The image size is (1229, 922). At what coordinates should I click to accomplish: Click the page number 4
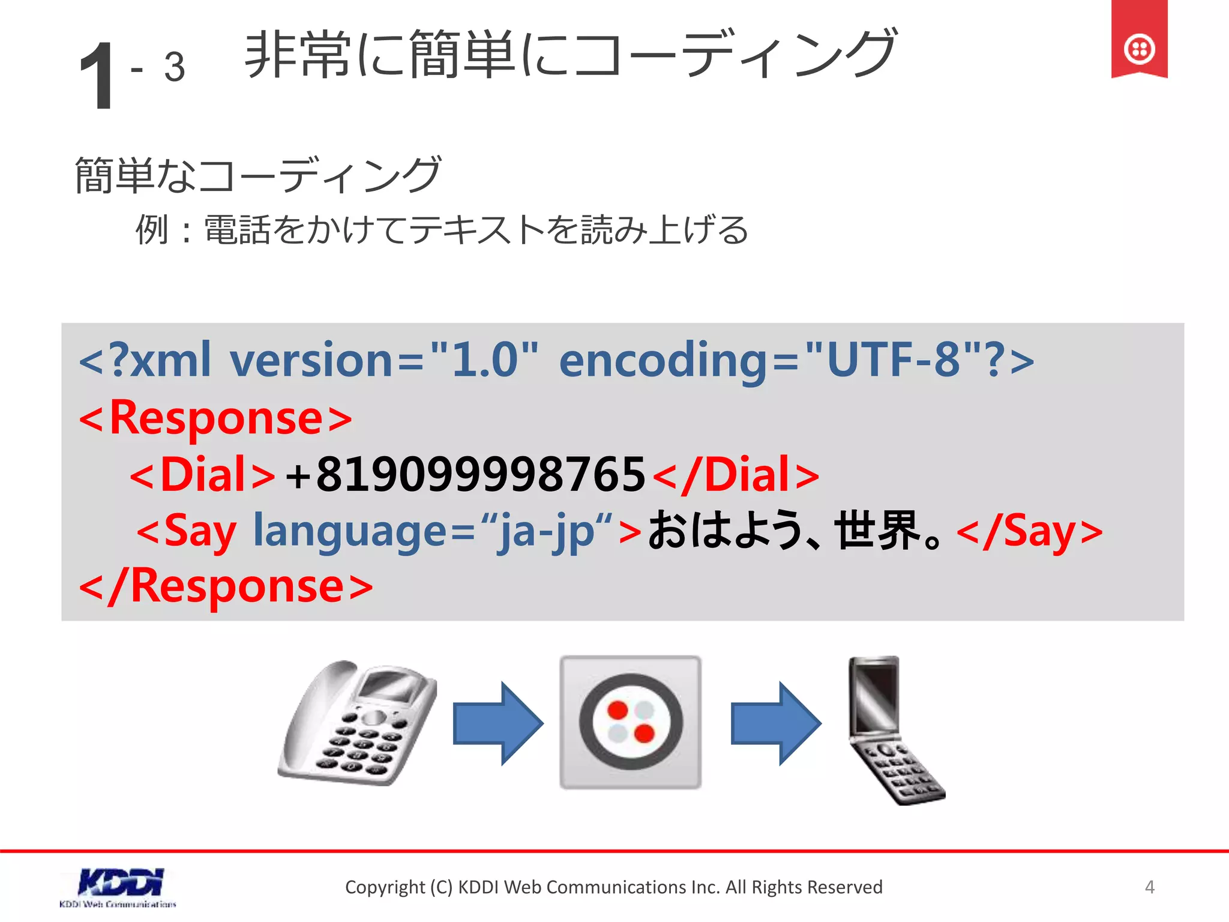[1149, 887]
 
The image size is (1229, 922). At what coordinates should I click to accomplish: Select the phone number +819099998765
[465, 474]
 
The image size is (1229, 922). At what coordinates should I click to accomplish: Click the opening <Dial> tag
[202, 474]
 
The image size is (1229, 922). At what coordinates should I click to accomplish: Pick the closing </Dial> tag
[736, 474]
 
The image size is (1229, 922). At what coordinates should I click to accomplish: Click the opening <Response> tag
[215, 418]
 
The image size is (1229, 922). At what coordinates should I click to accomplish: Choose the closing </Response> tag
[226, 586]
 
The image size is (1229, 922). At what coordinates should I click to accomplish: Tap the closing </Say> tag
[1030, 531]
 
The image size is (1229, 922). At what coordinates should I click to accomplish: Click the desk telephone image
[358, 723]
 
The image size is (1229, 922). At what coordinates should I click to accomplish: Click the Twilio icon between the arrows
[630, 722]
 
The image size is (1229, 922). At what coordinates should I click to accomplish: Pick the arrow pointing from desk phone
[497, 723]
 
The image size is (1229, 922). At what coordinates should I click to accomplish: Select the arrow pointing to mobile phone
[775, 723]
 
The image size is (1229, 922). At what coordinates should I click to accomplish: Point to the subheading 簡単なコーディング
[258, 175]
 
